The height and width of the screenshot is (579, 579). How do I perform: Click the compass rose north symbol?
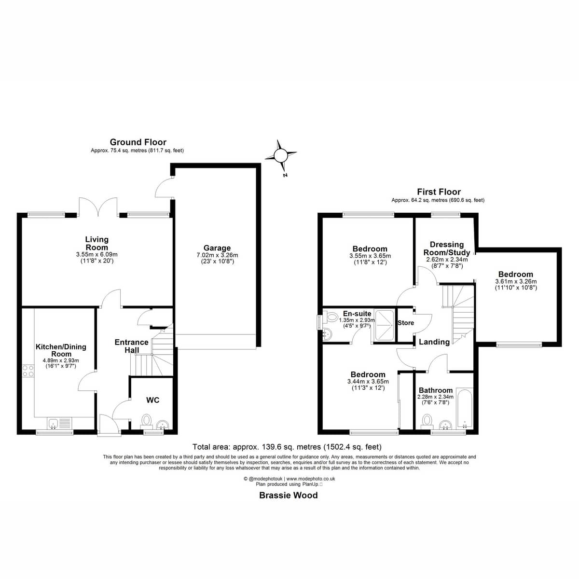click(281, 155)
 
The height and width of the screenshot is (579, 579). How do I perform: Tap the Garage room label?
click(217, 248)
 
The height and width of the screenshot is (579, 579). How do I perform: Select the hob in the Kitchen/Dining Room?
click(28, 371)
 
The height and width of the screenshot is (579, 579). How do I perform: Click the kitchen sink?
click(59, 423)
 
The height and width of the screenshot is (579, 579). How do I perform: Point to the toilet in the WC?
click(146, 421)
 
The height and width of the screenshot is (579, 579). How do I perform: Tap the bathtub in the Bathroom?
click(465, 409)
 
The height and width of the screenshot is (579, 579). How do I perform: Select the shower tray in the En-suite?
click(384, 325)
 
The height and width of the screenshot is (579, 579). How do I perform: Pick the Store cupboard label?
click(406, 323)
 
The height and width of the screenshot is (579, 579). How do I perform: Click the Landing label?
click(434, 342)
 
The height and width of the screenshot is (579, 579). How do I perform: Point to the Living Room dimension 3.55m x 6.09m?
click(97, 254)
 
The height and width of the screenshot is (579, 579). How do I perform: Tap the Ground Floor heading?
click(138, 142)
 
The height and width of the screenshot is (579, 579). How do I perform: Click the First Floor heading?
click(439, 192)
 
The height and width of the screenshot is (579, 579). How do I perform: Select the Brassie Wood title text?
click(289, 495)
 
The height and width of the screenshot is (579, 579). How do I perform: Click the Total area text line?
click(287, 447)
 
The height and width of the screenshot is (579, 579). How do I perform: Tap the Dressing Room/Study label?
click(446, 248)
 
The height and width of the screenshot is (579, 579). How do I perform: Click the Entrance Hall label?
click(132, 346)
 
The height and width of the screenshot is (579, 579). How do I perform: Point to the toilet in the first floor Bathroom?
click(427, 421)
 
